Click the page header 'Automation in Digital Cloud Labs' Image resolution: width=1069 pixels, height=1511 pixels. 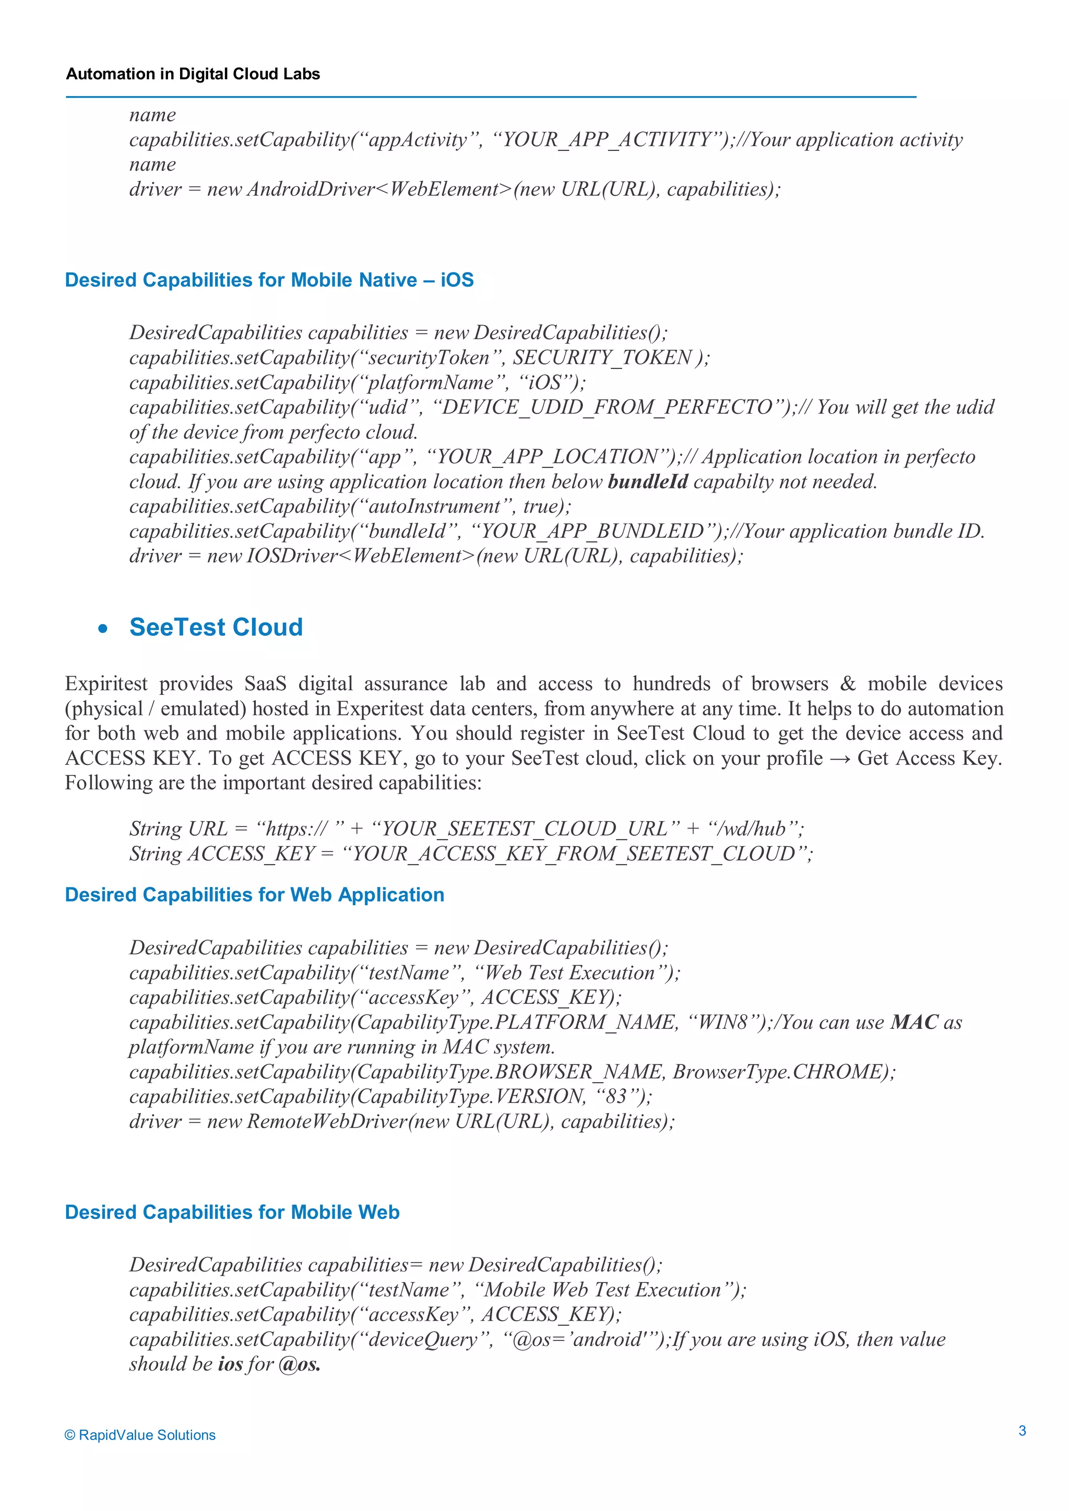pos(193,74)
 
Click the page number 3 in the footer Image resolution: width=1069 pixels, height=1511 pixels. pos(1022,1430)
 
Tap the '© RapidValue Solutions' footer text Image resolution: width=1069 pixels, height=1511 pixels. pos(140,1435)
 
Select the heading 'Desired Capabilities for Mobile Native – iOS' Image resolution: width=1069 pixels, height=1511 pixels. pos(269,280)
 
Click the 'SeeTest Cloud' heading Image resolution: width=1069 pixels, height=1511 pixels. pos(216,627)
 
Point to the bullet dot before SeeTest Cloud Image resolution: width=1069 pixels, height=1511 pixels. pos(103,629)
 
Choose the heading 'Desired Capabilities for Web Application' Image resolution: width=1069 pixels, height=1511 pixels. pos(255,894)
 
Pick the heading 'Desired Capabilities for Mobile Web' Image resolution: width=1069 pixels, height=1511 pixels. pos(232,1212)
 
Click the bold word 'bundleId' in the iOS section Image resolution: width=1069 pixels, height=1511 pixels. pos(647,482)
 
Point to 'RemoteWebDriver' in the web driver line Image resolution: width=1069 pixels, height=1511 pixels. pos(326,1121)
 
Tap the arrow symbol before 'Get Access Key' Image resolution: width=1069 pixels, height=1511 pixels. pos(839,759)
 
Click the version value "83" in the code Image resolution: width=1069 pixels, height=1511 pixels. pos(615,1096)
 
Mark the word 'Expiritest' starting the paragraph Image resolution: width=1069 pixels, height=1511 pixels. pos(106,684)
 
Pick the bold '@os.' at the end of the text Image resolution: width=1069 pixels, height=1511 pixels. pos(300,1364)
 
